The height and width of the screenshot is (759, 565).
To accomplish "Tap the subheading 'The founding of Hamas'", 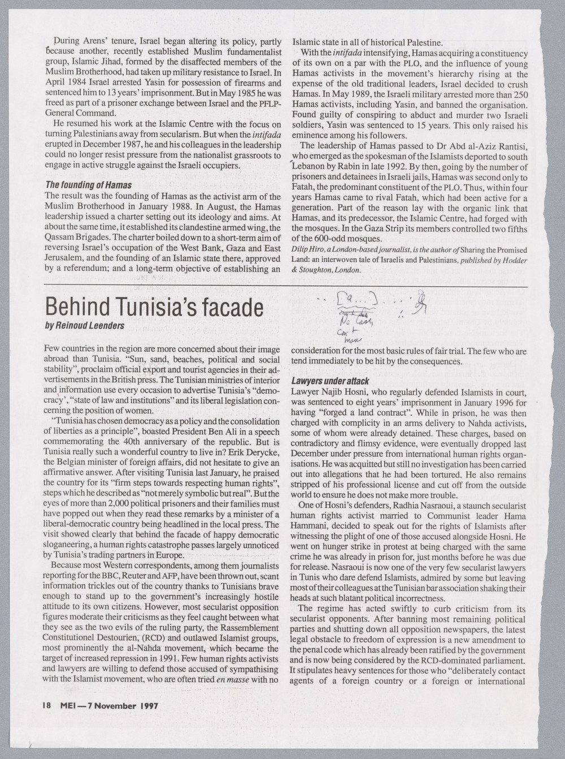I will click(88, 185).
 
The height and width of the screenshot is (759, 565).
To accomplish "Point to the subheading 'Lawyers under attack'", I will click(329, 381).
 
